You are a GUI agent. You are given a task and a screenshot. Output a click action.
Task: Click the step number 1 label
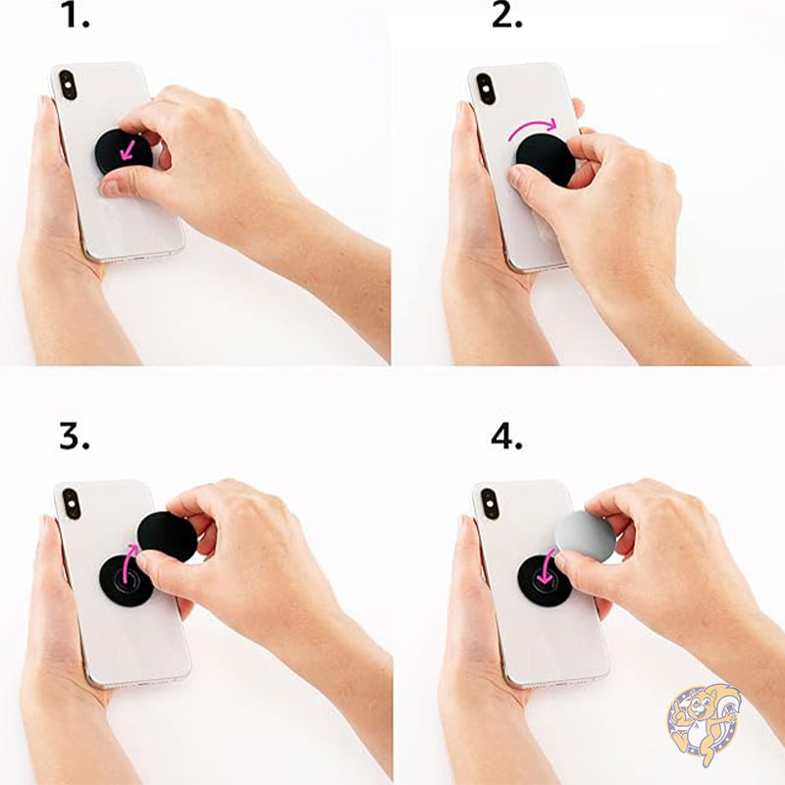coord(77,17)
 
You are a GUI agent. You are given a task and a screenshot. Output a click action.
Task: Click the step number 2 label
coord(506,17)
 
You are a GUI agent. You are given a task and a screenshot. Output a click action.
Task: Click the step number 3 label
coord(75,437)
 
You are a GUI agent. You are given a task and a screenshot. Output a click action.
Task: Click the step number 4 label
coord(506,437)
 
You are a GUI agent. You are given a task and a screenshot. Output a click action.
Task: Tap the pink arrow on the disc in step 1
coord(128,150)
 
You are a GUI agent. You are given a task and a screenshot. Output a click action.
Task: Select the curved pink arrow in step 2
coord(532,128)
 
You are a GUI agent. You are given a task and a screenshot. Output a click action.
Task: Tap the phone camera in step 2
coord(485,89)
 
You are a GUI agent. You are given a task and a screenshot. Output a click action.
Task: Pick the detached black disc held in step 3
coord(168,537)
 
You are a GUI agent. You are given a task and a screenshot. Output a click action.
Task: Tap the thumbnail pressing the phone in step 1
coord(110,188)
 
